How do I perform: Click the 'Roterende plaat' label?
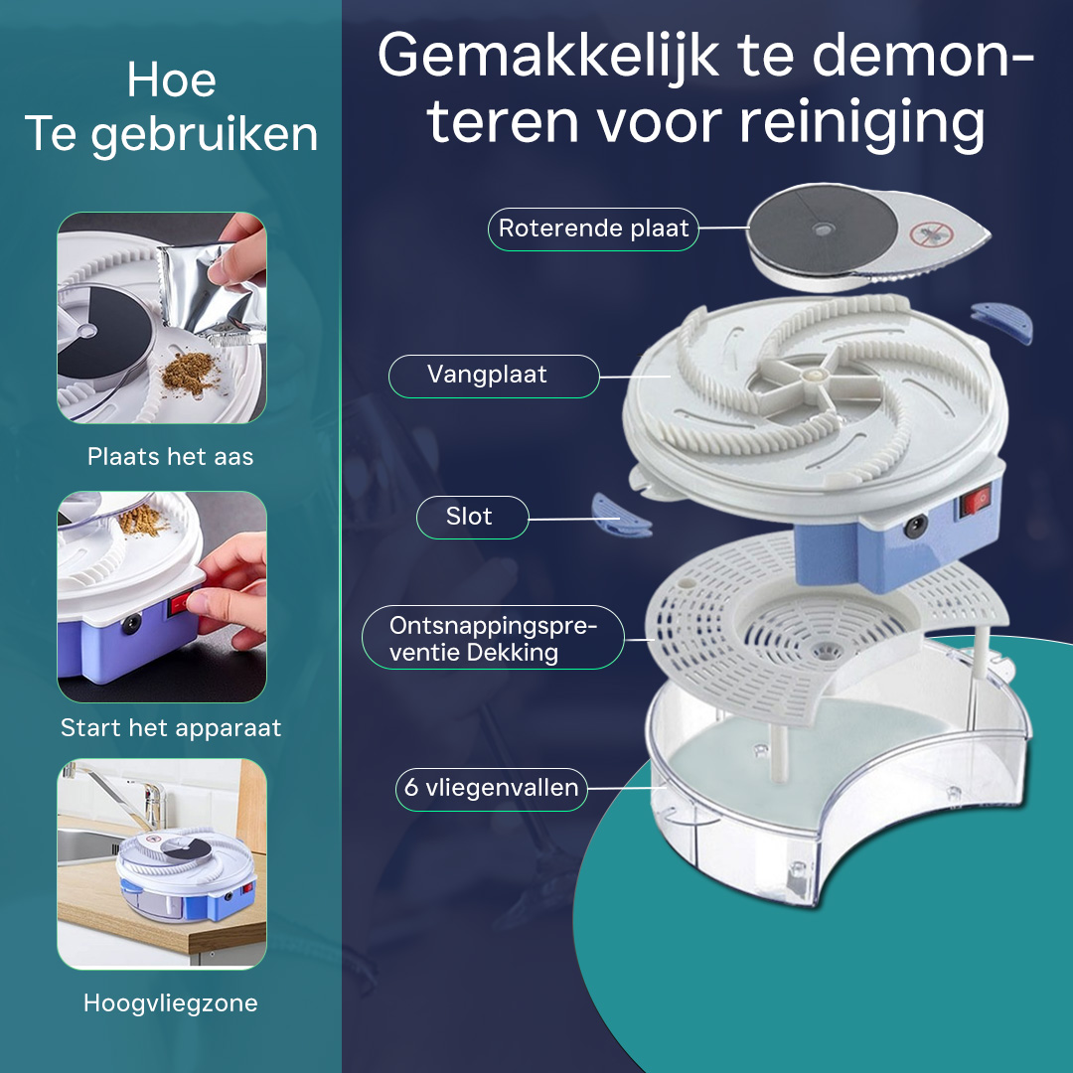point(593,229)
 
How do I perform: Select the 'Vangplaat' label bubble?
point(494,376)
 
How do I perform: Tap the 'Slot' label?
point(472,517)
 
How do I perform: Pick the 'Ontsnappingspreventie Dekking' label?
point(493,638)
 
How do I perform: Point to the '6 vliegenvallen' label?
point(492,788)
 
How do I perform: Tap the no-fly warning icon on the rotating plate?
point(931,234)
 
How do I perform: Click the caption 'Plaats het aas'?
point(171,456)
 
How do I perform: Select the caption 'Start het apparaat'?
point(171,727)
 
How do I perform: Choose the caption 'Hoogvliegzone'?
point(171,1003)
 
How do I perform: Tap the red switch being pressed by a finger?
point(179,605)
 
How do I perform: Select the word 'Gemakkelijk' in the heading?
point(548,56)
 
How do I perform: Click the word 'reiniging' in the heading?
point(863,123)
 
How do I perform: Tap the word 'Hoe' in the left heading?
point(171,80)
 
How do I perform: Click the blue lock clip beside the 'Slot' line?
point(620,516)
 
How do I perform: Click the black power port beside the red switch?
point(915,526)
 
